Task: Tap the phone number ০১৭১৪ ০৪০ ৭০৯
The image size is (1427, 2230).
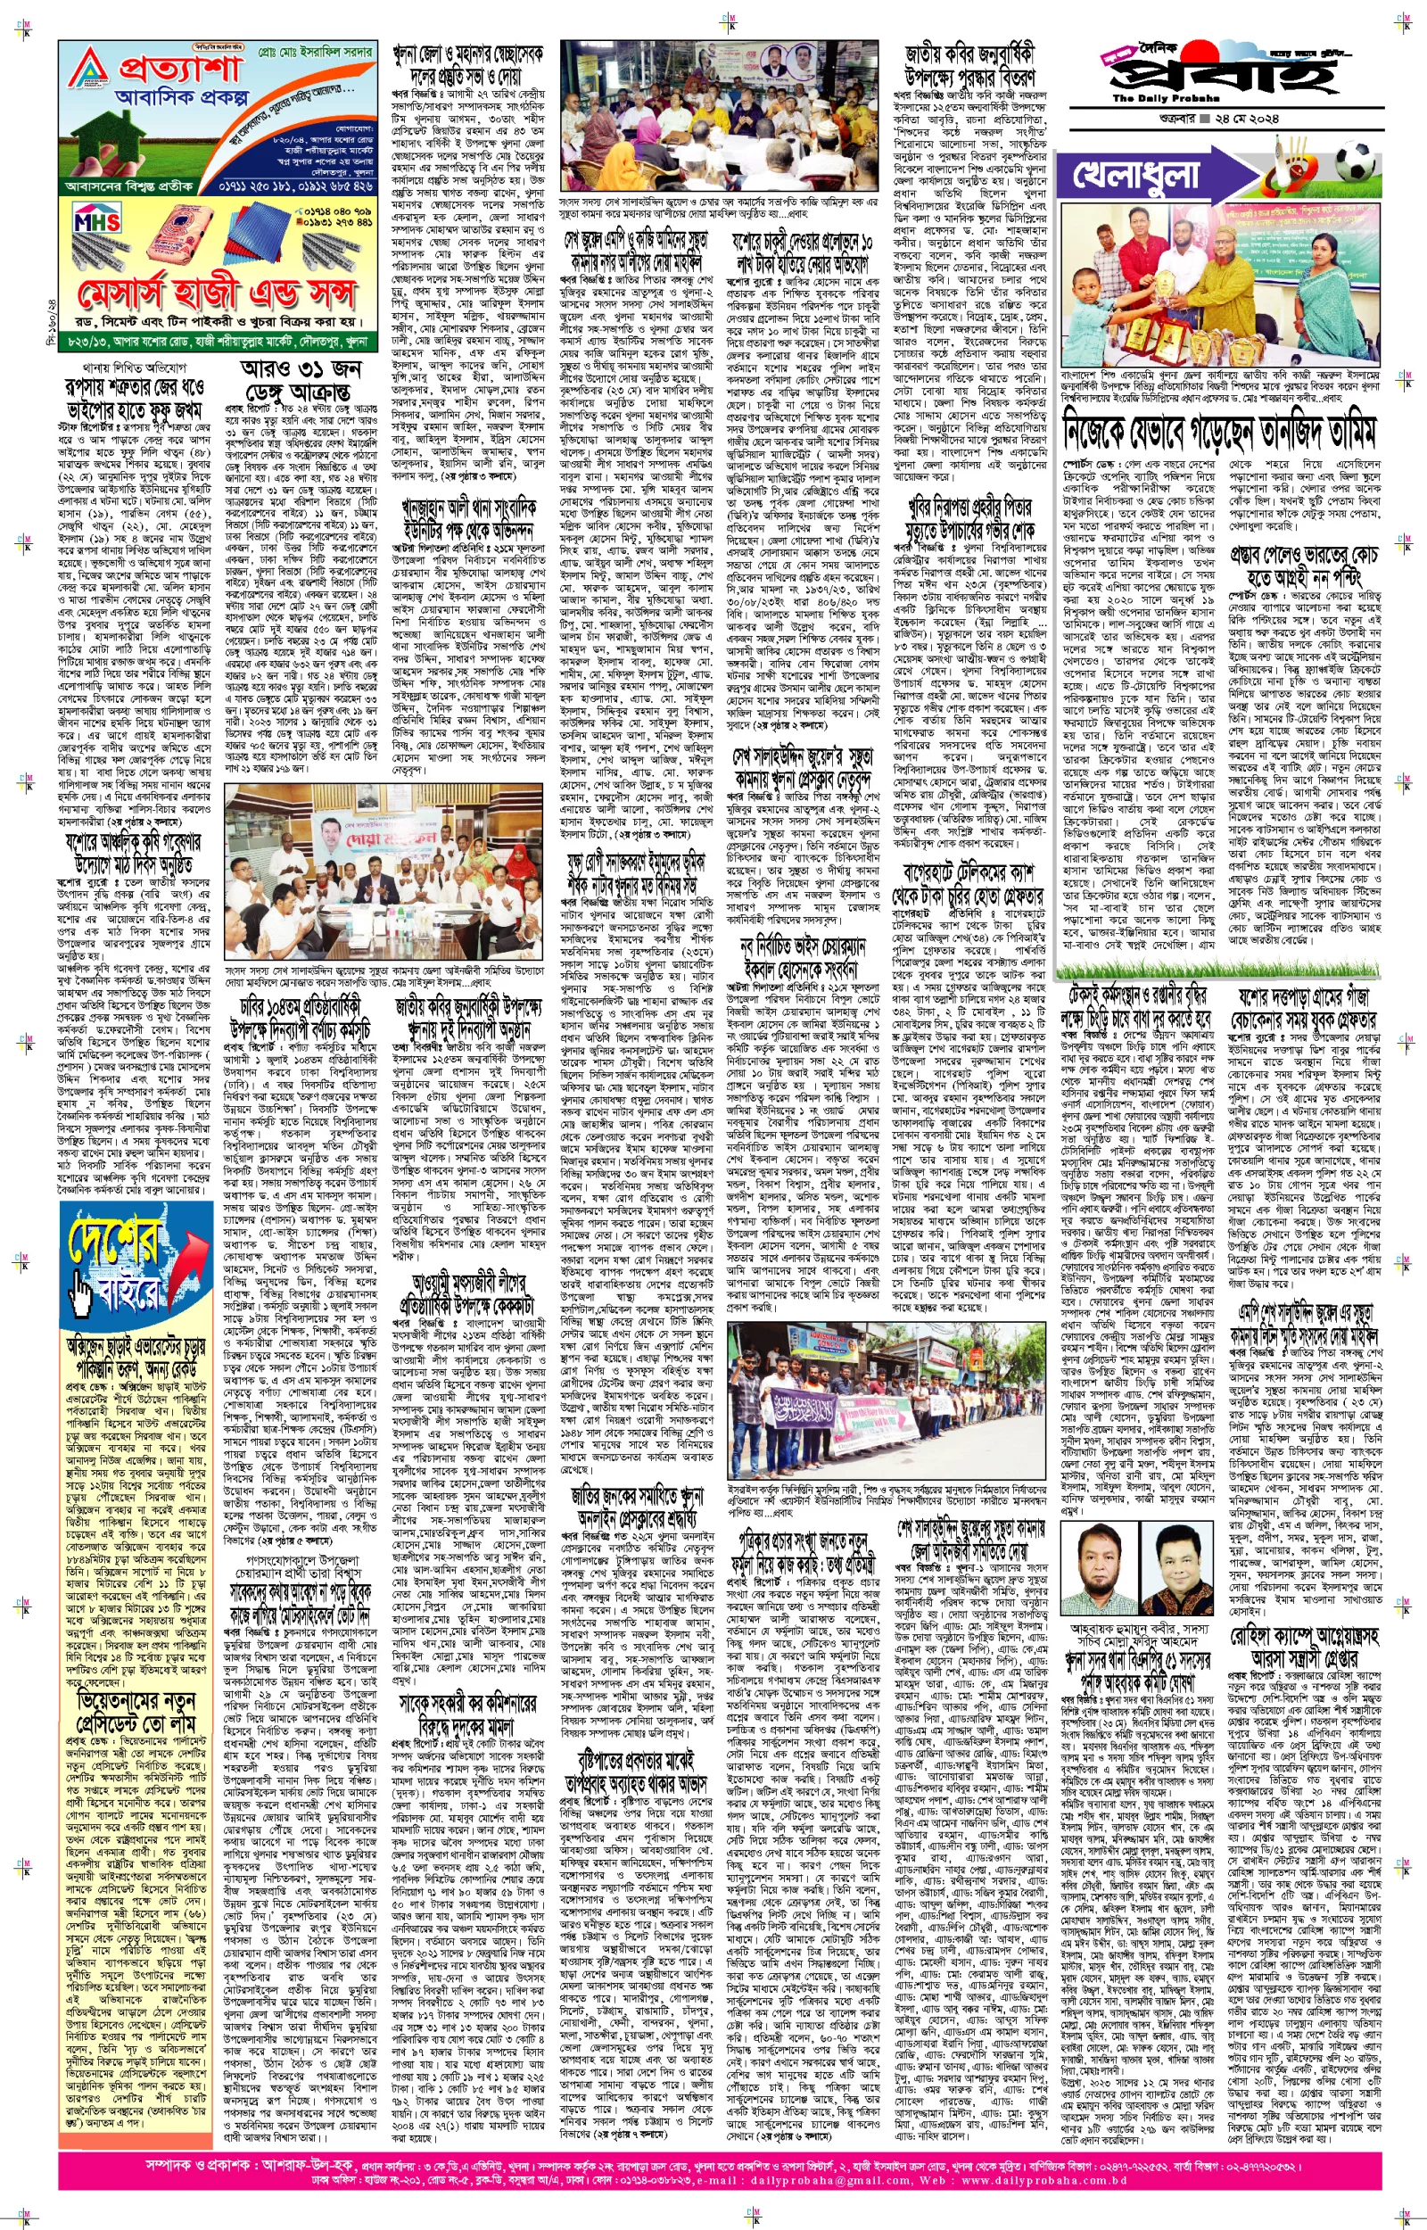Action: pos(338,211)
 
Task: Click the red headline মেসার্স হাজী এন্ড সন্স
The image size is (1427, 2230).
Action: pos(219,294)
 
